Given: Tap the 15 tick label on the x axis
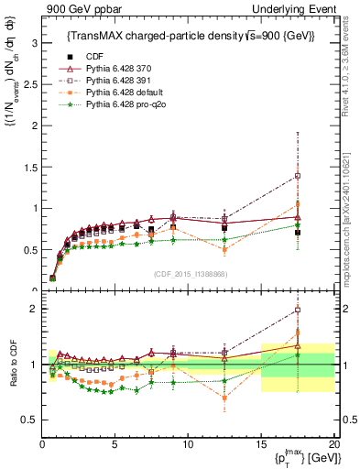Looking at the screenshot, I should point(260,444).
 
